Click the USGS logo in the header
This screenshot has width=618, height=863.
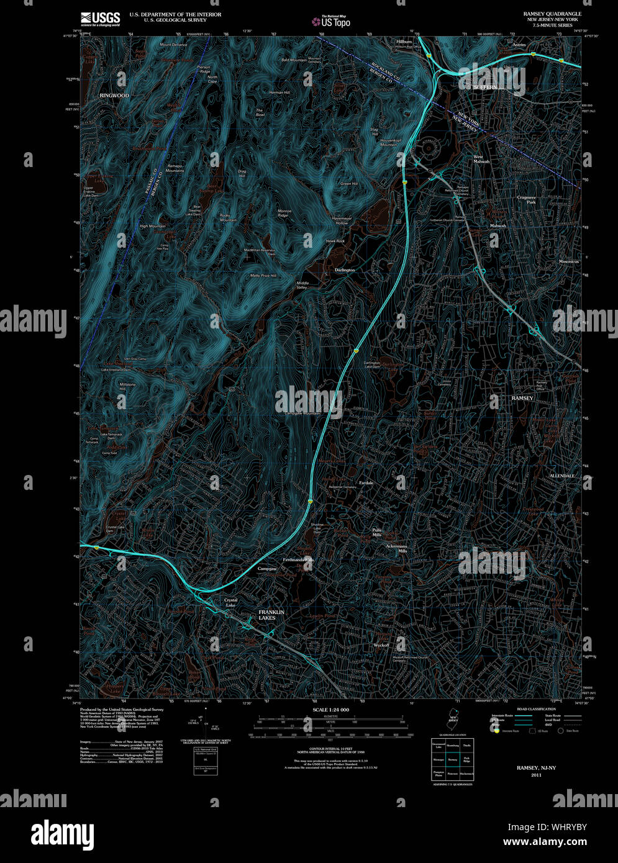(99, 19)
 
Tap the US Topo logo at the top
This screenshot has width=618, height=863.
(331, 21)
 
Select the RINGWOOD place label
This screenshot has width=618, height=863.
(114, 96)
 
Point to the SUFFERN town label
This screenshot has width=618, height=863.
(485, 88)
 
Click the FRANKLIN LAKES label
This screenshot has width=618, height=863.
(271, 615)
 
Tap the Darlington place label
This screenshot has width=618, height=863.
(345, 270)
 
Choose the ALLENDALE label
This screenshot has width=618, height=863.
(562, 476)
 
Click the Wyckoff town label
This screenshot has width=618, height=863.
(381, 645)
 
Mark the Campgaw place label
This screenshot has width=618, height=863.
(267, 569)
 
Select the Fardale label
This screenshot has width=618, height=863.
(366, 482)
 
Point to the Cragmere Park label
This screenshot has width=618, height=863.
(526, 200)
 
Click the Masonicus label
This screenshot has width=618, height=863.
(568, 261)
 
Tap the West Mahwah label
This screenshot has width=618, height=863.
(481, 159)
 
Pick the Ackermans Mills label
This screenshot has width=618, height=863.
(396, 548)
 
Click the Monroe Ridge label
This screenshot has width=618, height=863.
(284, 213)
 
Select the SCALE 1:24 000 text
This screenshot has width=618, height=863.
(330, 710)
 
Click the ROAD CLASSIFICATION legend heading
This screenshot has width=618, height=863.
(535, 708)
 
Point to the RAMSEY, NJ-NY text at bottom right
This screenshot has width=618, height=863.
(536, 768)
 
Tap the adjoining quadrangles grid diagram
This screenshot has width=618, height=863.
(453, 760)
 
